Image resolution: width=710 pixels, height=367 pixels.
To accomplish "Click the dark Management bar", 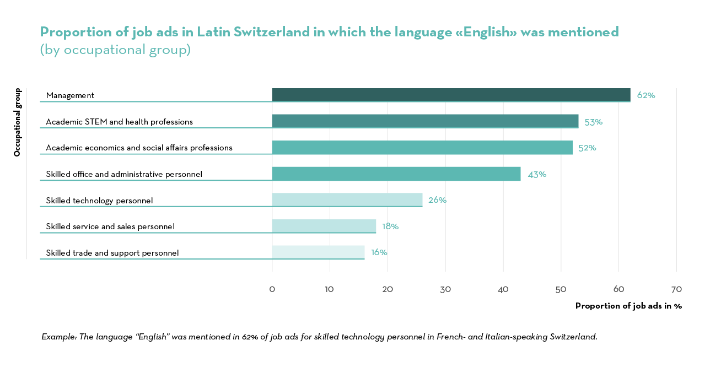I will tap(451, 95).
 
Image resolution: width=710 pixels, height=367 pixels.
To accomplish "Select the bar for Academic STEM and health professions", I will tap(425, 121).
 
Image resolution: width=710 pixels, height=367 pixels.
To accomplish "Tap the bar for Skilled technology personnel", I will tap(347, 200).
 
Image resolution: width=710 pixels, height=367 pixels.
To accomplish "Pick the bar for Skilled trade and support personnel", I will tap(318, 252).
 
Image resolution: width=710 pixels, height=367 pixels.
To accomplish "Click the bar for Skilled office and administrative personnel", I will tap(396, 174).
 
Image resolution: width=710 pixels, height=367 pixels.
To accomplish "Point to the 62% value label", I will tap(646, 95).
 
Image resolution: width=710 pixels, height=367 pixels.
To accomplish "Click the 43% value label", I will tap(536, 174).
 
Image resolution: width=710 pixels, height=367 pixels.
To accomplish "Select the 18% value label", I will tap(390, 226).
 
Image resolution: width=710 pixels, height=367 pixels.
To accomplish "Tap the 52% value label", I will tap(587, 148).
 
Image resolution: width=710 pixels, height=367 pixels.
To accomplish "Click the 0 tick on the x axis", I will tap(272, 289).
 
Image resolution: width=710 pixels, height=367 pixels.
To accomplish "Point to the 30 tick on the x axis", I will tap(445, 289).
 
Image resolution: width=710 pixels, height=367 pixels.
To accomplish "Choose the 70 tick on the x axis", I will tap(676, 289).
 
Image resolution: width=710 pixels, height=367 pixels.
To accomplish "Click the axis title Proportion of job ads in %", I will tap(628, 306).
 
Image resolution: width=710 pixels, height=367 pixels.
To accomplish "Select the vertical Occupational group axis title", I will tap(17, 122).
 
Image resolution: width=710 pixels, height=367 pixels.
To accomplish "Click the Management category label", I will tap(70, 95).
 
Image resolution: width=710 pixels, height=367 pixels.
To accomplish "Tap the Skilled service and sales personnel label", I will tap(110, 226).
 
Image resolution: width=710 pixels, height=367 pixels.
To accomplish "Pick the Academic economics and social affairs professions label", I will tap(139, 148).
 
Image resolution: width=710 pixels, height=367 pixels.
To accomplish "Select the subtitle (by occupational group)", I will tap(115, 50).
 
